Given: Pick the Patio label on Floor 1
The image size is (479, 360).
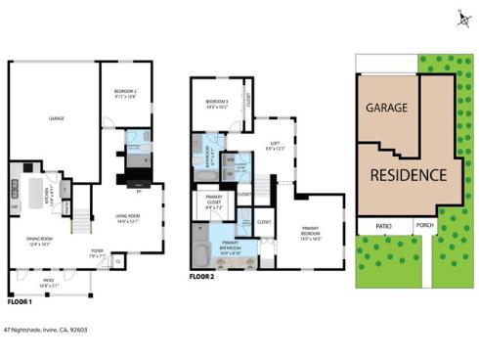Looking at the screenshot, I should click(48, 283).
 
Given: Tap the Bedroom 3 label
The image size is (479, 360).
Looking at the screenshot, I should click(217, 104).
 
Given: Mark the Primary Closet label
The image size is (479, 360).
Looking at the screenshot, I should click(214, 205).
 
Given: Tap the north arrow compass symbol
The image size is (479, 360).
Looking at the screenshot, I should click(461, 18).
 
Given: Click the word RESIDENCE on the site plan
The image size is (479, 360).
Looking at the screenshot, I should click(409, 175).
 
